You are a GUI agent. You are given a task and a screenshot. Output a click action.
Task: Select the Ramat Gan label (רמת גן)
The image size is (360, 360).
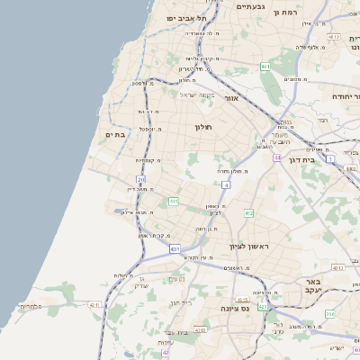click(288, 13)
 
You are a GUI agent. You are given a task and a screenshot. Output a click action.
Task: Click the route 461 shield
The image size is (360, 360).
click(265, 67)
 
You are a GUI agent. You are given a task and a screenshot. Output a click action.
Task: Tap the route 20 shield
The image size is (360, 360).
click(141, 180)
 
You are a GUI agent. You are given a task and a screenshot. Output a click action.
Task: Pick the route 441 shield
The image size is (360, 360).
click(173, 201)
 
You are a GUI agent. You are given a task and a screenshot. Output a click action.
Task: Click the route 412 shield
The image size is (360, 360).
click(248, 213)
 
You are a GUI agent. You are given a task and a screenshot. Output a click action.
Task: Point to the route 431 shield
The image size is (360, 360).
click(175, 248)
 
